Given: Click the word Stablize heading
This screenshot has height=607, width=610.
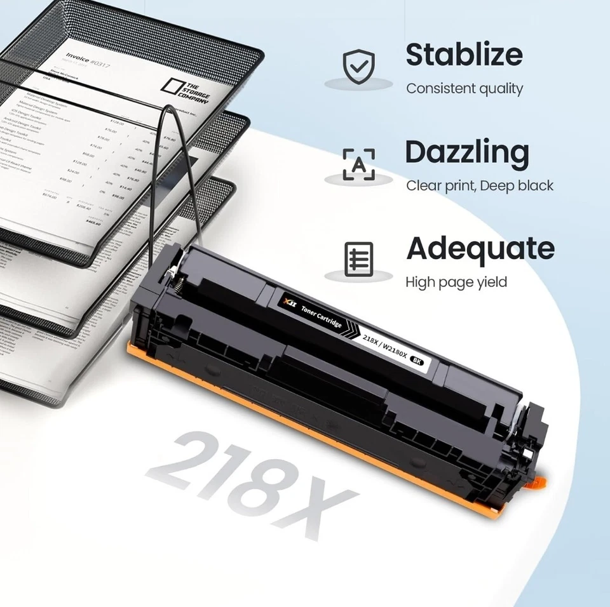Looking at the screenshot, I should pyautogui.click(x=464, y=55).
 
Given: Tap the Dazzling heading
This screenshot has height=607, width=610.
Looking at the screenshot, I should pyautogui.click(x=467, y=152).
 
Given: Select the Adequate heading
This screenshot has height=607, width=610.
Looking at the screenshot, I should pyautogui.click(x=480, y=248).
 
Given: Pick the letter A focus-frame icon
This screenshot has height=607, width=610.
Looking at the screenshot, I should pyautogui.click(x=359, y=164).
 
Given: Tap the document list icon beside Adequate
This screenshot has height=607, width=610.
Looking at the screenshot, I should pyautogui.click(x=359, y=259).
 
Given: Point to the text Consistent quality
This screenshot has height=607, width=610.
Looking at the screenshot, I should pyautogui.click(x=464, y=89).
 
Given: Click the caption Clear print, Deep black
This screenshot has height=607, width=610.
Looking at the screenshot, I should pyautogui.click(x=480, y=186).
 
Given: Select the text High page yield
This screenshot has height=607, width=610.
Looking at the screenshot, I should pyautogui.click(x=456, y=282).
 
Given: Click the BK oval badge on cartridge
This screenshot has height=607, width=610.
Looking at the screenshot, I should pyautogui.click(x=417, y=361).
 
